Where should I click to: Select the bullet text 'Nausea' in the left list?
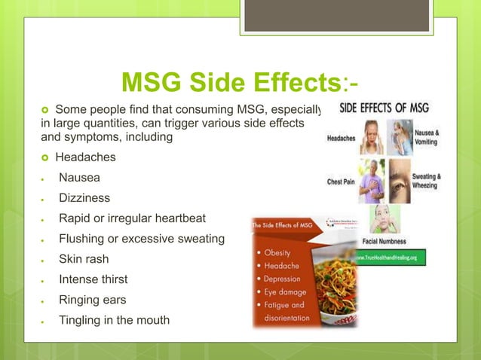(78, 178)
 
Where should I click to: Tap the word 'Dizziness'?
(84, 199)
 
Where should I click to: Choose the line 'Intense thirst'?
(93, 279)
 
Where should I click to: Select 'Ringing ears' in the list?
(93, 300)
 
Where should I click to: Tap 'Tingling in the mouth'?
(114, 320)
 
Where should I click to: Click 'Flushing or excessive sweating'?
(141, 239)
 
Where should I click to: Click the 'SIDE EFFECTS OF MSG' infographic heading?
(384, 108)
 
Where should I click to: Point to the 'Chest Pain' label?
(340, 182)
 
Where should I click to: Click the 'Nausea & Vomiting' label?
(427, 136)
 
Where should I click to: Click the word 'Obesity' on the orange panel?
(280, 252)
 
